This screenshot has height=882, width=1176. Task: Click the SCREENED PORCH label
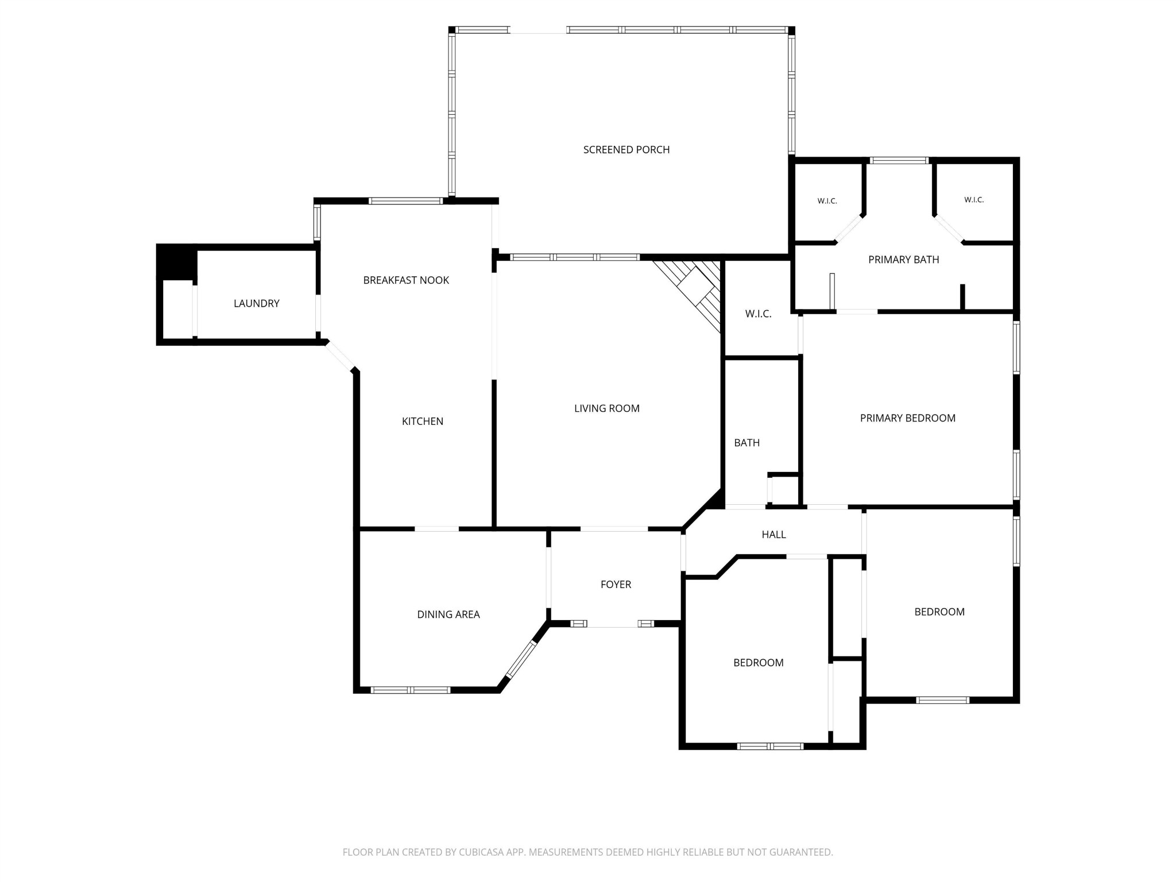(x=626, y=150)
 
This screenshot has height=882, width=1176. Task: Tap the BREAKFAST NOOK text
(x=406, y=280)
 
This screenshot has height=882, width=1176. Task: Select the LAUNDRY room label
(x=257, y=303)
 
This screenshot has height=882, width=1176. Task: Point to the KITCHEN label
(x=423, y=421)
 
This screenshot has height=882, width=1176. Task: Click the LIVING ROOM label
(x=607, y=408)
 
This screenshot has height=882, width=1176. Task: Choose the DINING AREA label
(x=448, y=614)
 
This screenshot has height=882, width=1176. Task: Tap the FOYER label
(x=616, y=585)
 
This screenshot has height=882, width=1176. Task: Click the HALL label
(x=774, y=535)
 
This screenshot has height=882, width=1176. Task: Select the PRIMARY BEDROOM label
(x=908, y=418)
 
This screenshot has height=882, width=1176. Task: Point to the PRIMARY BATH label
(x=904, y=260)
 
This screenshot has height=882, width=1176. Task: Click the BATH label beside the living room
(x=747, y=443)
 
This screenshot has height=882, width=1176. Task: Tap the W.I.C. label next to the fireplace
(x=759, y=314)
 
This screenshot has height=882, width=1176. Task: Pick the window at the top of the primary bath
(x=899, y=160)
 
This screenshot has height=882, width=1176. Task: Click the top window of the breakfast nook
(x=406, y=201)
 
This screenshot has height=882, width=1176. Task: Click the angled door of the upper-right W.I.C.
(x=950, y=229)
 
